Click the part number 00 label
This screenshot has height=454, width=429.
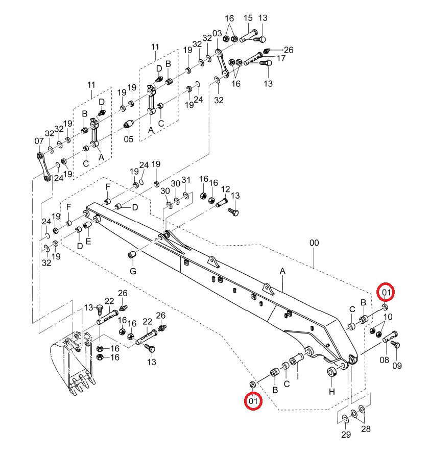click(x=314, y=243)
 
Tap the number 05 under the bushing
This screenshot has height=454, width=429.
click(x=129, y=139)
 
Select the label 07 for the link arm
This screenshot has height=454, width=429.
click(x=39, y=141)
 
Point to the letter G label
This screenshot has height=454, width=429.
click(x=133, y=271)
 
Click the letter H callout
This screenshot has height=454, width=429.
click(x=332, y=392)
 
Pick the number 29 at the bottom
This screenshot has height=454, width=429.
click(x=346, y=435)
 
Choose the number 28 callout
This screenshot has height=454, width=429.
click(x=366, y=429)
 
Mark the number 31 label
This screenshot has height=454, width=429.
click(x=186, y=180)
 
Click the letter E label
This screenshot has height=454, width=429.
click(x=88, y=241)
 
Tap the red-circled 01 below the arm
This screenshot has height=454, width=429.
click(x=253, y=401)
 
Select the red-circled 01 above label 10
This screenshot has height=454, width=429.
click(x=386, y=293)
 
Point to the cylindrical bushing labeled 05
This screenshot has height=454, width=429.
click(x=128, y=125)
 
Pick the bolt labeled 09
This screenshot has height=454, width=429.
click(x=395, y=345)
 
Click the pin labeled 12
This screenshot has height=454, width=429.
click(x=222, y=202)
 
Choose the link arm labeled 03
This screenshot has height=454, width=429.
click(x=222, y=64)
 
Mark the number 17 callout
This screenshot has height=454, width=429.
click(x=281, y=59)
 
